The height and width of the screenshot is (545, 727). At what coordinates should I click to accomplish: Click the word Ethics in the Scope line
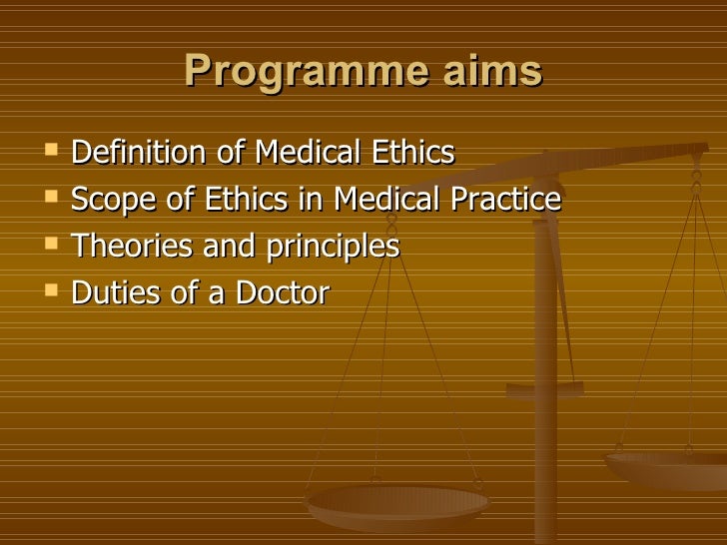tap(243, 200)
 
